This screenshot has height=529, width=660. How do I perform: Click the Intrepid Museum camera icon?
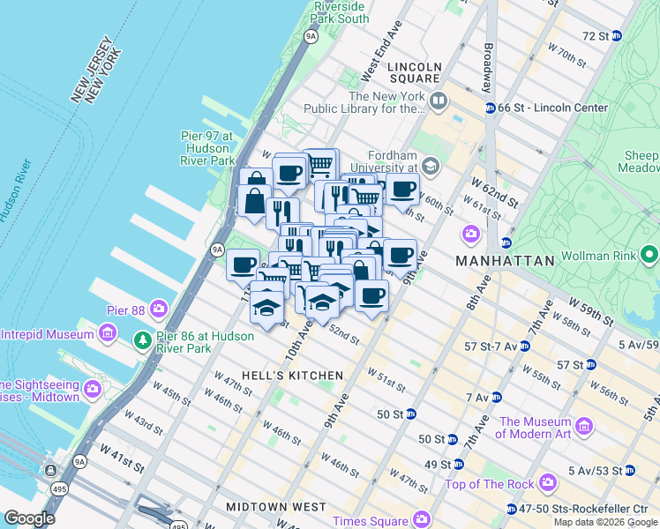(x=108, y=334)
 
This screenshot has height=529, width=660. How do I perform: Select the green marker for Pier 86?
(x=141, y=339)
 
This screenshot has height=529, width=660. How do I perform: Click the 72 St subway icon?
(x=617, y=36)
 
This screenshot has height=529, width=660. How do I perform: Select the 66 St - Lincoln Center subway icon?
(x=490, y=108)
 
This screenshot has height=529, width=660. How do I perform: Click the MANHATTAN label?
(x=504, y=261)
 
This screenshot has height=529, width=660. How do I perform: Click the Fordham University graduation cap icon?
(x=431, y=165)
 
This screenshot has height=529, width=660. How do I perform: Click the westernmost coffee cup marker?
(x=243, y=264)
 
